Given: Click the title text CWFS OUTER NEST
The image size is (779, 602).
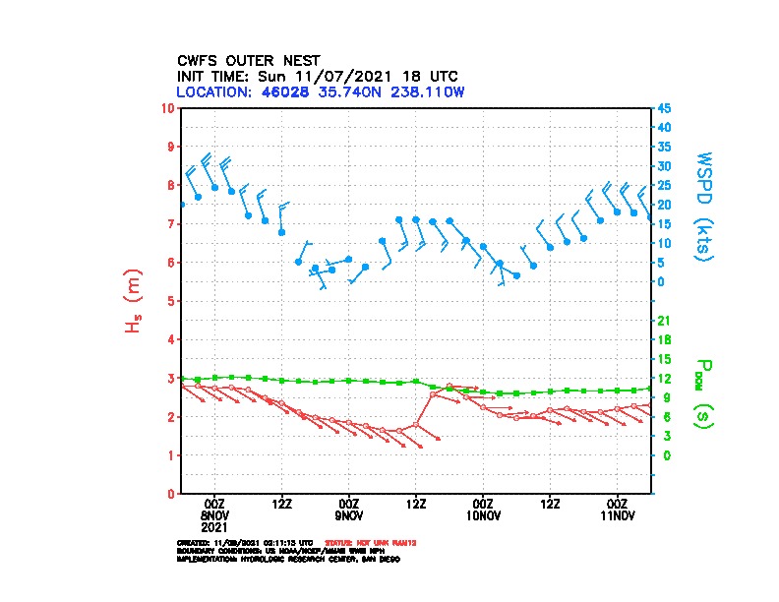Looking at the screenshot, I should [x=248, y=60].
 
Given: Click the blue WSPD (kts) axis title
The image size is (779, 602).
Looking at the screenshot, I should [x=704, y=206].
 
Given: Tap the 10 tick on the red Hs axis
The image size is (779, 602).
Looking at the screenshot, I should [x=168, y=107].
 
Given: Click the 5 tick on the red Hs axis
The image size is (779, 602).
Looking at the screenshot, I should [x=171, y=301].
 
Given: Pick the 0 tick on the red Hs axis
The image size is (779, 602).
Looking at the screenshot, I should [x=171, y=494].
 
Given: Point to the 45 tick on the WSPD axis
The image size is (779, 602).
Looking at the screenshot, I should [x=665, y=107].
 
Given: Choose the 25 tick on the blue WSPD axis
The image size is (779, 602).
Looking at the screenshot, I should [x=665, y=185].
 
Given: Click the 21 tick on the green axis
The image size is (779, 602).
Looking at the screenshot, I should [x=665, y=320].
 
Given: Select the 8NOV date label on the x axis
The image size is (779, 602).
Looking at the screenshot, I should [x=214, y=514].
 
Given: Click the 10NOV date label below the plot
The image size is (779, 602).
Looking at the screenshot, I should [x=483, y=514].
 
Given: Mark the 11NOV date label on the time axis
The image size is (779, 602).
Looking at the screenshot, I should [x=618, y=514].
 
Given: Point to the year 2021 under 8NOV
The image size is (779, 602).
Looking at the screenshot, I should [x=214, y=526].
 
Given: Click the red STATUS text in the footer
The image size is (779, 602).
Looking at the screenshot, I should [x=359, y=542].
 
